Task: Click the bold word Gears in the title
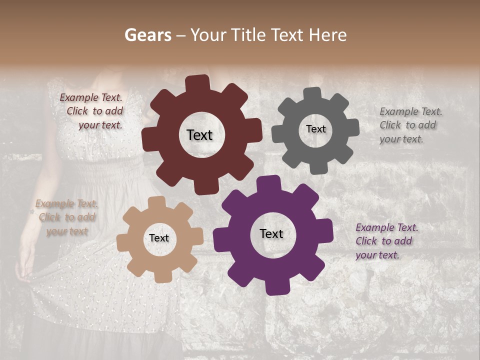coord(148,35)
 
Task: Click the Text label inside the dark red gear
coord(199,135)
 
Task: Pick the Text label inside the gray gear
coord(315,129)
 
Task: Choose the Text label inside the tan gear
coord(159,238)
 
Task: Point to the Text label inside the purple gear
coord(271,234)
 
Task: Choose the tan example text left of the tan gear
coord(66,217)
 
